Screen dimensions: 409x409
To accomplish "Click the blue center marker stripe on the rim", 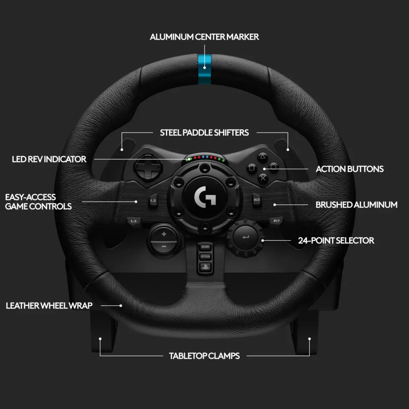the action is tap(204, 69).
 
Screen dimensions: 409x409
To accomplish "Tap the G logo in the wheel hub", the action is tap(205, 197).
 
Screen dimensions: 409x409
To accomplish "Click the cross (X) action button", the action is tap(263, 179).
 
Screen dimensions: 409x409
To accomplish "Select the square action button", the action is tap(252, 168).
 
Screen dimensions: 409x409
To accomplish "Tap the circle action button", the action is tap(273, 167).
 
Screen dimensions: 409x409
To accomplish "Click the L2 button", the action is tap(153, 201).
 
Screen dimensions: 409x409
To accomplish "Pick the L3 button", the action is tap(134, 221).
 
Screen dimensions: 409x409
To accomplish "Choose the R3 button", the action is tap(276, 221).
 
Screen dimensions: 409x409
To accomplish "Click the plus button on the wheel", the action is tap(164, 234).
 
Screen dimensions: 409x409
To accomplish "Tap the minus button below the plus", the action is tap(164, 247).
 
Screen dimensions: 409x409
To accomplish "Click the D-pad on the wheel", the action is tap(148, 167).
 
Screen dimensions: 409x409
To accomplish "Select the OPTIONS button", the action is tap(205, 257).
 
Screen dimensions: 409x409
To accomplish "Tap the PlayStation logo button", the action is tap(205, 267).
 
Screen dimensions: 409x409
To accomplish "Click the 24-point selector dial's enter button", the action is tap(245, 237).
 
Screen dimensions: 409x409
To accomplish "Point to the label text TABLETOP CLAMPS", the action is tap(204, 356).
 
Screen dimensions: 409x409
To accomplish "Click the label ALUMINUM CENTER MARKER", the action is tap(204, 37).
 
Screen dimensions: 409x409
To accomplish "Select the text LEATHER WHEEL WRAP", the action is tap(49, 305).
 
